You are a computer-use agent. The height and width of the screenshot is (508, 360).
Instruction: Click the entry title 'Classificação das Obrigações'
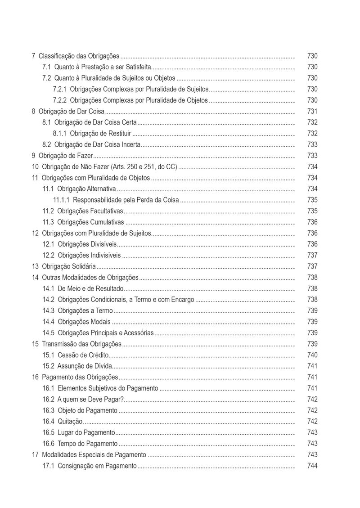point(79,56)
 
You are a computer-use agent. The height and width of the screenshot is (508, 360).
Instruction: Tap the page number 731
point(312,112)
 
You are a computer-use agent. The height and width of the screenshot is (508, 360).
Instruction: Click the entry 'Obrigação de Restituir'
point(100,134)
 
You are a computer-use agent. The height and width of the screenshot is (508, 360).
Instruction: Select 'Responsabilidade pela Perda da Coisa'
point(126,200)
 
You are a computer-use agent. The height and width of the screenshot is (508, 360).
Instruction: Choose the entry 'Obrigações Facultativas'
point(90,211)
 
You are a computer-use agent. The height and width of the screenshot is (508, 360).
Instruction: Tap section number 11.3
point(48,222)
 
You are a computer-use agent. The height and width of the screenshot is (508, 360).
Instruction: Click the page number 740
point(312,355)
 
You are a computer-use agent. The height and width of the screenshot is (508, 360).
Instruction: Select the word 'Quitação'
point(70,422)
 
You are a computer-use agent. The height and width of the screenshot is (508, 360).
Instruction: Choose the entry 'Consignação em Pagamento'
point(97,466)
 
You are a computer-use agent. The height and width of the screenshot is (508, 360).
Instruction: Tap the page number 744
point(312,466)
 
